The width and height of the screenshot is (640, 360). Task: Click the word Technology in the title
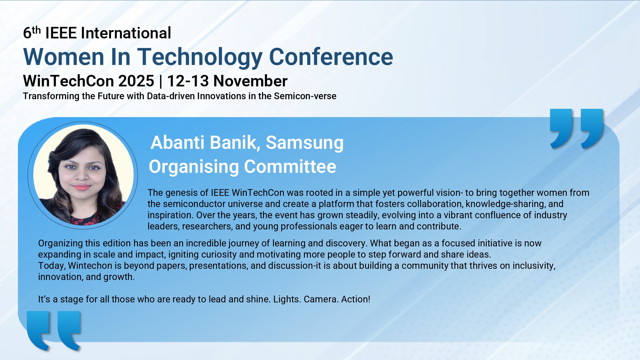click(x=200, y=57)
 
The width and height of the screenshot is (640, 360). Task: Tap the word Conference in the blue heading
click(x=331, y=57)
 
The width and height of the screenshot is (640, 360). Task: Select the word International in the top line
click(x=126, y=33)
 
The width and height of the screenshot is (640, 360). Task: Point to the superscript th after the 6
click(x=36, y=30)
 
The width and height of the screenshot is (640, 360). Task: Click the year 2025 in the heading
click(x=136, y=81)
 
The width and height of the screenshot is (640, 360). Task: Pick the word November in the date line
click(x=250, y=81)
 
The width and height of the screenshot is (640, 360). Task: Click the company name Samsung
click(x=305, y=143)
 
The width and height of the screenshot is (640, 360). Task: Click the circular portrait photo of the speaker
click(x=83, y=175)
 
